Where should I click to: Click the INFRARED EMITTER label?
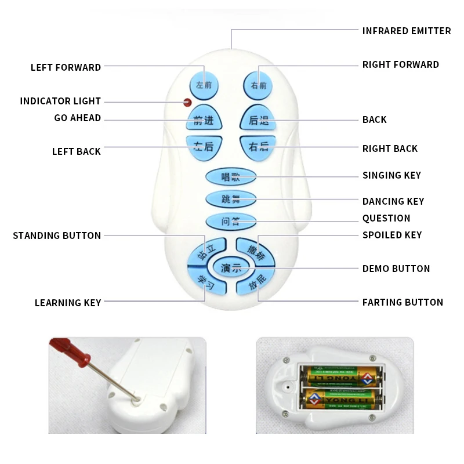406,31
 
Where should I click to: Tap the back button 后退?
258,119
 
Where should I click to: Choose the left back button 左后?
202,147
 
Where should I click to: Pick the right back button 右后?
256,147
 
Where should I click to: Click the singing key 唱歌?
230,176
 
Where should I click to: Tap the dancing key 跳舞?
230,199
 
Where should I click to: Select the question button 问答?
230,221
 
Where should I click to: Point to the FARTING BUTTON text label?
402,302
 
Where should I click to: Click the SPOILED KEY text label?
391,235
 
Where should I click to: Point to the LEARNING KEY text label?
68,303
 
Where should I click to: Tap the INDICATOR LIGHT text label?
60,101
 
